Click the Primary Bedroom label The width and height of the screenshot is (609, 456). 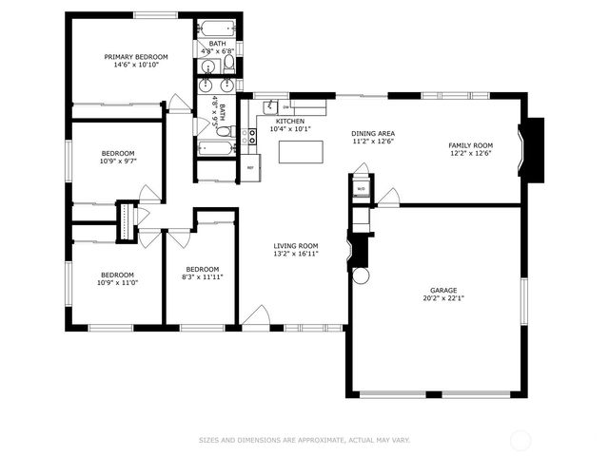135,57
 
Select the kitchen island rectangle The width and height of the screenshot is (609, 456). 301,151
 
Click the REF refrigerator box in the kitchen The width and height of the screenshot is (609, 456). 250,168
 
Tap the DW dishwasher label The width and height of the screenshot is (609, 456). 285,106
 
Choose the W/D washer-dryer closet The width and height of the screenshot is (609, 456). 361,188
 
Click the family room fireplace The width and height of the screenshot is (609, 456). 533,150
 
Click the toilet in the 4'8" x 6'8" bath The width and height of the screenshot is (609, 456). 229,65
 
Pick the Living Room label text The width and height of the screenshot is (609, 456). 295,245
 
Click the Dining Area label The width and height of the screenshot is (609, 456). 373,133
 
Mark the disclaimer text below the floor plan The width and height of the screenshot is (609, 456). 304,440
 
